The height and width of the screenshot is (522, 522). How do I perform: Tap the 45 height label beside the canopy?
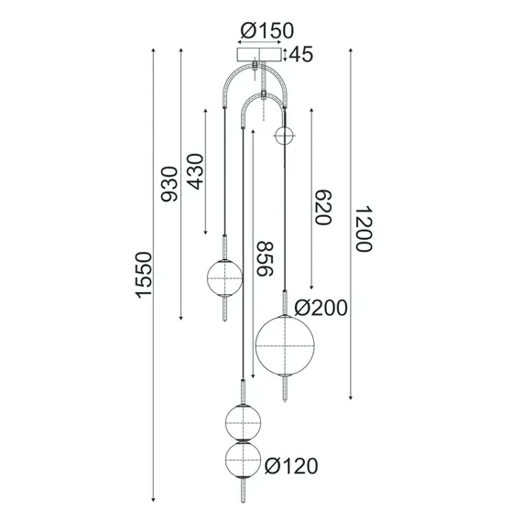click(x=301, y=55)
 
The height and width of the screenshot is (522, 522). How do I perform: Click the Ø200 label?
click(x=321, y=308)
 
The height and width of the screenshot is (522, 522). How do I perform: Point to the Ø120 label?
click(x=291, y=467)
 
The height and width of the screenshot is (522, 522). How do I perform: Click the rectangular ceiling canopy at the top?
click(x=261, y=56)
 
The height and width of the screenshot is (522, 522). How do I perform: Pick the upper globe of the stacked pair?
click(x=245, y=421)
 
